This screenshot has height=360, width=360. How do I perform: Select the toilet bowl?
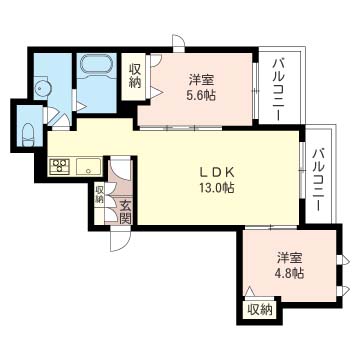27,133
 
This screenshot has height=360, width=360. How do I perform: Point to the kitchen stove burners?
57,167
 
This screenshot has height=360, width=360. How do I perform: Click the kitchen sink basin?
84,166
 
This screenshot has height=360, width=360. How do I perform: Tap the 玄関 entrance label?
125,212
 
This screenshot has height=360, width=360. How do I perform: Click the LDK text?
216,170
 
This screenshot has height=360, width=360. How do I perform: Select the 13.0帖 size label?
216,187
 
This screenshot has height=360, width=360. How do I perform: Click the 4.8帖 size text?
290,272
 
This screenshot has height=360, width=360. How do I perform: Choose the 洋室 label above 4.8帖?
290,254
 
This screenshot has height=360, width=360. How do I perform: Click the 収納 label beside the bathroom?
135,76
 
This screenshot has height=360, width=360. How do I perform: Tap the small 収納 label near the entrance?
99,194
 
